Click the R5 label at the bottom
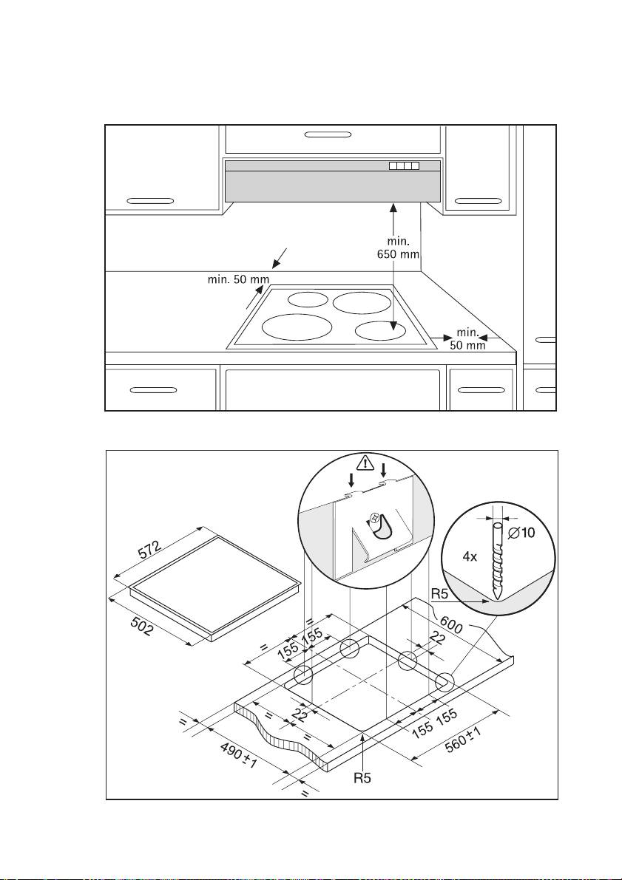click(x=363, y=777)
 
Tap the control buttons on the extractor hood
click(x=404, y=166)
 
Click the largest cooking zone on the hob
click(x=297, y=327)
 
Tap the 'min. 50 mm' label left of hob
click(x=238, y=280)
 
